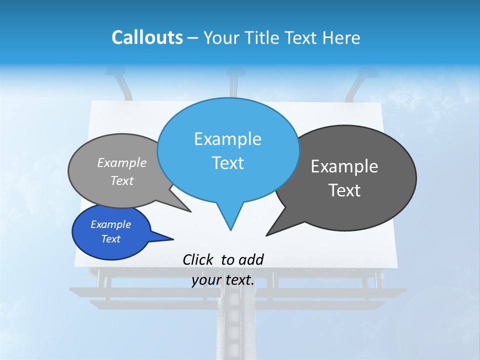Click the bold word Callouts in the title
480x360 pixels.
pos(147,37)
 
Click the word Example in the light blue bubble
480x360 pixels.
pos(227,139)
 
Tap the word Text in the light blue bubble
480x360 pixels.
pos(227,163)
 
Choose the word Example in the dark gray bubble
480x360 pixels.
pos(344,166)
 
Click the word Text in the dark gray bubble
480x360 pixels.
pos(344,190)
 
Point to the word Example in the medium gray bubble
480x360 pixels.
pos(122,162)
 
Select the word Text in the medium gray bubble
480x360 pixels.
pos(122,180)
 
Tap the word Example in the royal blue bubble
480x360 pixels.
pos(110,224)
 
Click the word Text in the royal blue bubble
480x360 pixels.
pos(110,239)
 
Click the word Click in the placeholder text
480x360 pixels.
pos(197,259)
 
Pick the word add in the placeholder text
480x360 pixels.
pos(251,259)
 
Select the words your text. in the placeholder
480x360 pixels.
pos(223,280)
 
